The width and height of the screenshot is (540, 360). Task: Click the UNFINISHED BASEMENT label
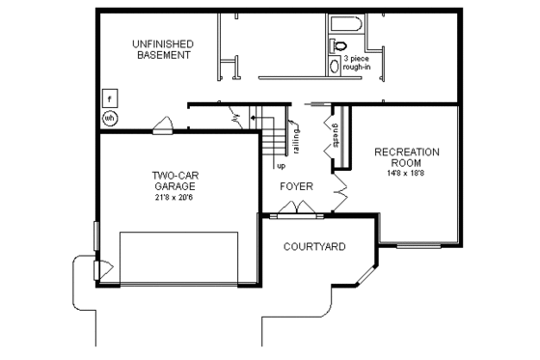[162, 49]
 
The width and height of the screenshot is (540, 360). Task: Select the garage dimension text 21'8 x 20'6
[175, 198]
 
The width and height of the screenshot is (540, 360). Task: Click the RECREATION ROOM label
[406, 157]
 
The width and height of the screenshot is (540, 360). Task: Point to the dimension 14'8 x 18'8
[406, 175]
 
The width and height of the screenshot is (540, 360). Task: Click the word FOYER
[296, 185]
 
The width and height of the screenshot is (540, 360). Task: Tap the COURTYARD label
[314, 247]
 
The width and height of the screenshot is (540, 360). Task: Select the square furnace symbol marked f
[111, 98]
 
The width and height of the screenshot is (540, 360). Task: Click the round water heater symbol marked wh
[110, 118]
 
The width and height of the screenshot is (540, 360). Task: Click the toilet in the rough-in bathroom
[338, 45]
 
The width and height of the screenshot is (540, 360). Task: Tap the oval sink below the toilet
[335, 67]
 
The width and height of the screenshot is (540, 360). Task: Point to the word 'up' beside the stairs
[282, 165]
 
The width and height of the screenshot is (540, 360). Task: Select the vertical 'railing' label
[297, 141]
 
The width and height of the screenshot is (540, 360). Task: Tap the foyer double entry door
[293, 208]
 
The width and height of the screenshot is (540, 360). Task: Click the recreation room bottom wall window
[417, 245]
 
